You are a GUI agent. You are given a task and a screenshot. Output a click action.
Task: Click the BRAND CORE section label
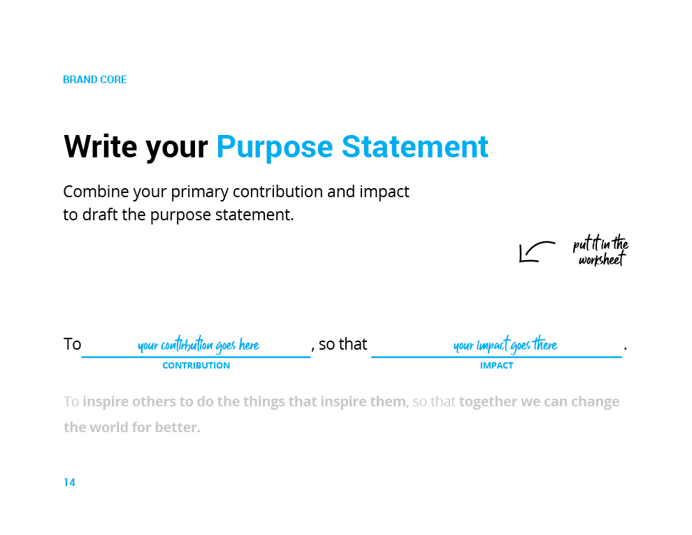click(x=95, y=80)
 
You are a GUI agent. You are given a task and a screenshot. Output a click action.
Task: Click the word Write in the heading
click(x=101, y=146)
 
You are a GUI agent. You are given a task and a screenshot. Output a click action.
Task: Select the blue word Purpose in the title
click(x=275, y=148)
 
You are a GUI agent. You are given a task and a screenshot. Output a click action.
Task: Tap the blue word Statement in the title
click(x=415, y=146)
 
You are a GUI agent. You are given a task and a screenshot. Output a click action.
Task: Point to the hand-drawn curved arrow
click(x=532, y=247)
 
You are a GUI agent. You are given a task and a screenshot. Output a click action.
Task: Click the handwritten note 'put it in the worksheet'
click(x=600, y=250)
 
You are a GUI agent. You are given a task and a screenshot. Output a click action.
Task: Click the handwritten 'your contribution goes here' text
click(x=198, y=345)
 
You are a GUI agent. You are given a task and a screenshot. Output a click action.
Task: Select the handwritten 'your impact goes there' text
click(x=505, y=344)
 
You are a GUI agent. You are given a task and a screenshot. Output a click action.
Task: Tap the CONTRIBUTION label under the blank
click(x=196, y=366)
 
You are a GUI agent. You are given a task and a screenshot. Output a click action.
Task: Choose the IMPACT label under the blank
click(x=496, y=366)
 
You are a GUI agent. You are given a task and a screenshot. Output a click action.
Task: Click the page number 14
click(x=69, y=483)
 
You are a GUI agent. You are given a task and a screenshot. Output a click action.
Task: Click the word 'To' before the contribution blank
click(x=73, y=344)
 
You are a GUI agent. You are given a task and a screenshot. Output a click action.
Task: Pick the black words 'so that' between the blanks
click(x=343, y=344)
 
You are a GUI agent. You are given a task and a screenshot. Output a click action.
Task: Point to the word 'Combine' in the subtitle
click(x=96, y=192)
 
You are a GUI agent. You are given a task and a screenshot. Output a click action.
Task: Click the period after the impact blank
click(x=626, y=349)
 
